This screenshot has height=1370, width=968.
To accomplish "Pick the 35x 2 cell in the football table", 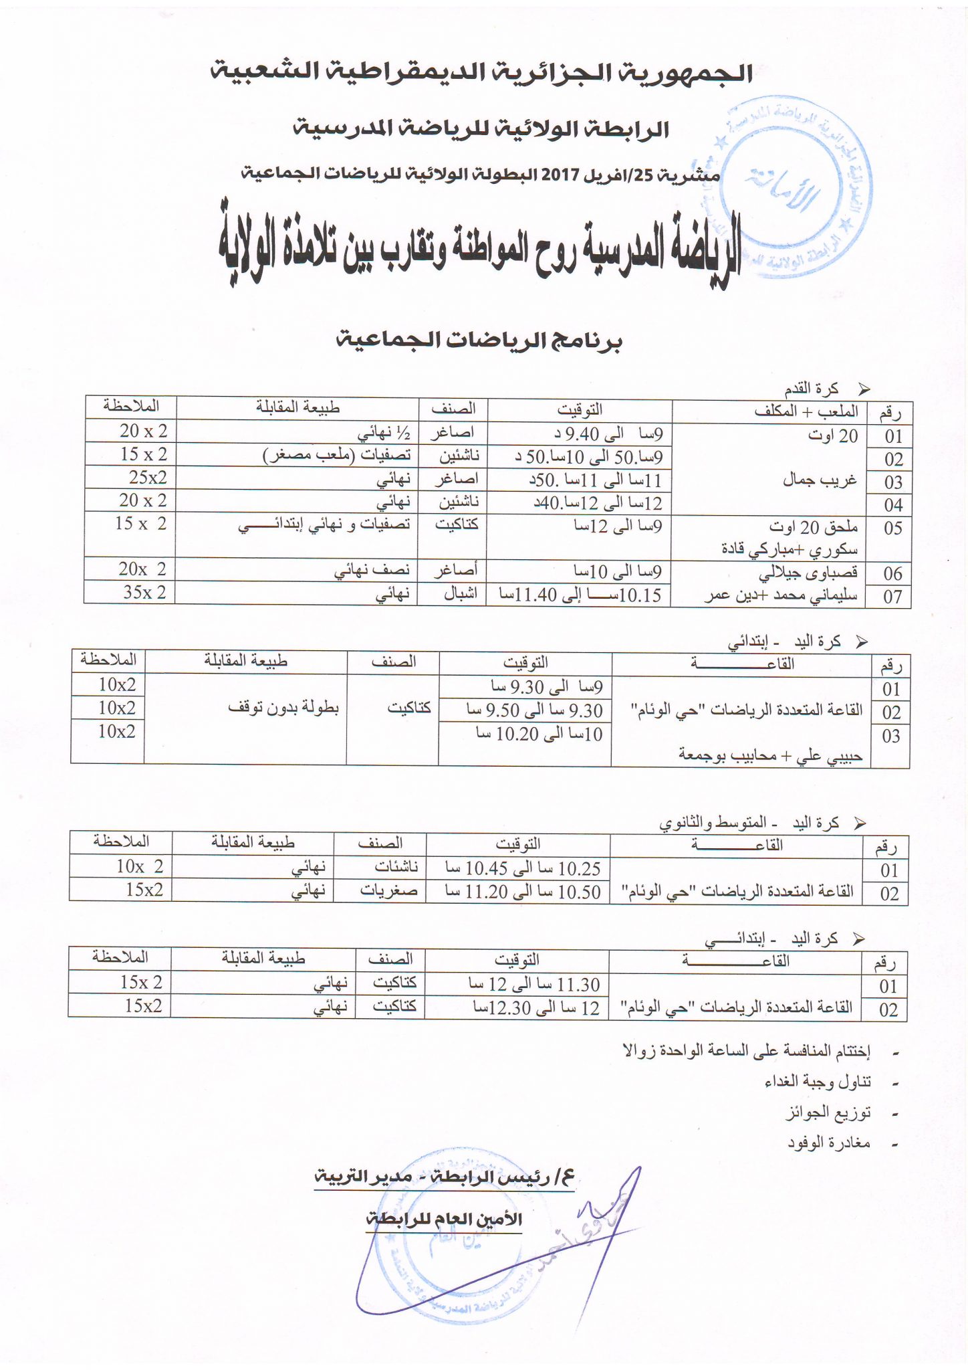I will coord(144,592).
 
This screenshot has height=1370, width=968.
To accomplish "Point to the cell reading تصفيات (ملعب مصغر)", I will coord(337,456).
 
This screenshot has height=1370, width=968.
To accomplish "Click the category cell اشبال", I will coord(461,593).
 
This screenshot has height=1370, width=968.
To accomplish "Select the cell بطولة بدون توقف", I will coord(283,708).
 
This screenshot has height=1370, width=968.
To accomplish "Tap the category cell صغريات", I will coord(389,890).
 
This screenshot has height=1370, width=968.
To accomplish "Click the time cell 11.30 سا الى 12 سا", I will coord(533,984).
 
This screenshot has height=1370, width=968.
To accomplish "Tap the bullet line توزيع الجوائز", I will coord(827,1112).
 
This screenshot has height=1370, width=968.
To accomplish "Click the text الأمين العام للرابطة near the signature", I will coord(444,1219).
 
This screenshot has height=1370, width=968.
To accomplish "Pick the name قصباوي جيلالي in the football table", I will coord(808,573).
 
